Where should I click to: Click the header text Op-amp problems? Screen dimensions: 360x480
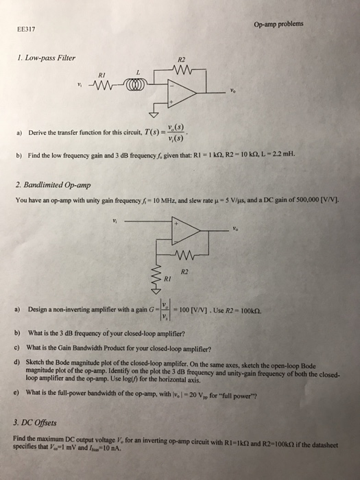tap(278, 24)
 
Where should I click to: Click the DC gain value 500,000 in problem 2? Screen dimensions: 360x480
tap(307, 200)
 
